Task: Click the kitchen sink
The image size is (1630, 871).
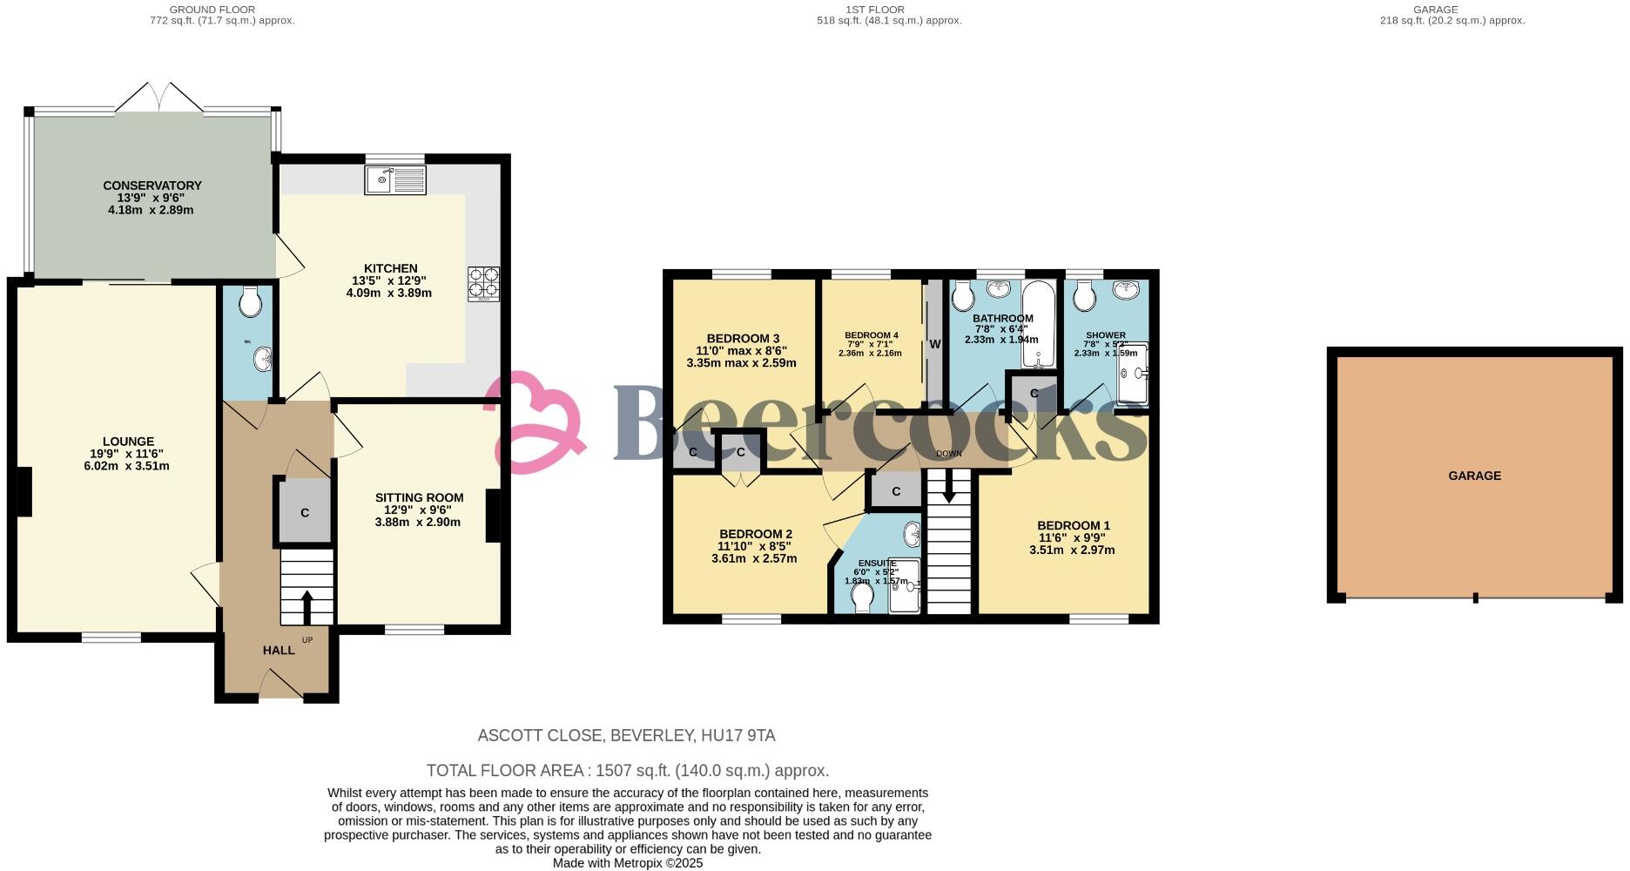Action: (396, 180)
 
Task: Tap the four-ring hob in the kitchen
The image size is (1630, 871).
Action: (484, 282)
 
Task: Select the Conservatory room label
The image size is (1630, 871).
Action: (152, 186)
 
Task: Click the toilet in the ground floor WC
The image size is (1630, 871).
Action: (250, 303)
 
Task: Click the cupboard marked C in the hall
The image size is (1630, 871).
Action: (305, 513)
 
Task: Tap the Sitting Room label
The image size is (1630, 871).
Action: (419, 497)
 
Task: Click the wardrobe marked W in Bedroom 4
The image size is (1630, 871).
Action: (934, 344)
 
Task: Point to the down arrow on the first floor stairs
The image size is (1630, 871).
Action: (948, 487)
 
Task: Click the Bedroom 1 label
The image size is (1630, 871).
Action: (1073, 525)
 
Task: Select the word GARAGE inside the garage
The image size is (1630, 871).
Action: (1474, 476)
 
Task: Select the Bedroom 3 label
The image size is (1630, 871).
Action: (742, 339)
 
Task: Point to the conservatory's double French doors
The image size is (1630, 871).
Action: (158, 98)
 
